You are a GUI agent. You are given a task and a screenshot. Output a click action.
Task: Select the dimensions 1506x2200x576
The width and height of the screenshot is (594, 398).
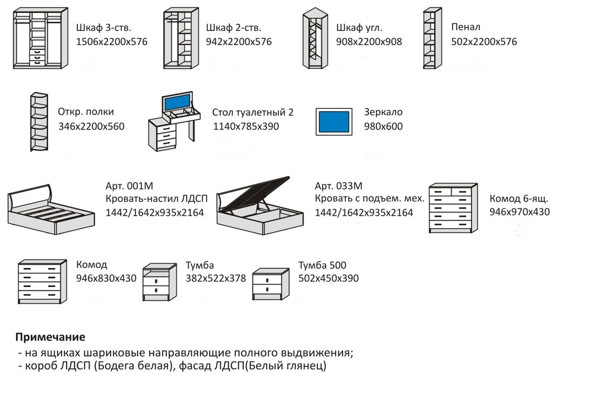(x=112, y=42)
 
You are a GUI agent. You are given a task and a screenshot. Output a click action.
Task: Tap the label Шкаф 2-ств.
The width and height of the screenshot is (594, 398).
(x=233, y=27)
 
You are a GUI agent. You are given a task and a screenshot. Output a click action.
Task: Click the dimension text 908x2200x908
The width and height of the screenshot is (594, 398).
(x=369, y=42)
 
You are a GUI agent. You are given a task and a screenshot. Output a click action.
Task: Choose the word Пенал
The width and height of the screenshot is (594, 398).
(x=466, y=27)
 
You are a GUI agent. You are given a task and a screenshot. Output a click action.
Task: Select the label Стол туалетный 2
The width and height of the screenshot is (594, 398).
(x=252, y=112)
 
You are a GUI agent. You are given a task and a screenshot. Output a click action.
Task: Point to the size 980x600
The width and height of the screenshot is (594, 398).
(x=383, y=127)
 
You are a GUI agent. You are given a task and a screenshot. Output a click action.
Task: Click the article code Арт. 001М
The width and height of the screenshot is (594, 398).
(x=129, y=186)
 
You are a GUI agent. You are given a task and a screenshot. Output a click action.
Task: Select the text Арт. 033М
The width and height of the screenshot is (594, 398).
(x=339, y=186)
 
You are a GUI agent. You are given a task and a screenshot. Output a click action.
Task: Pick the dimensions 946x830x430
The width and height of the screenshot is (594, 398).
(x=106, y=278)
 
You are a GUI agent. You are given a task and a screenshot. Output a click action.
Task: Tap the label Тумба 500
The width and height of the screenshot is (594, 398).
(x=322, y=265)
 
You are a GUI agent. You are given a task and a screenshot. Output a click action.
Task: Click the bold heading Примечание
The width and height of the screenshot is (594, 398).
(x=50, y=337)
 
